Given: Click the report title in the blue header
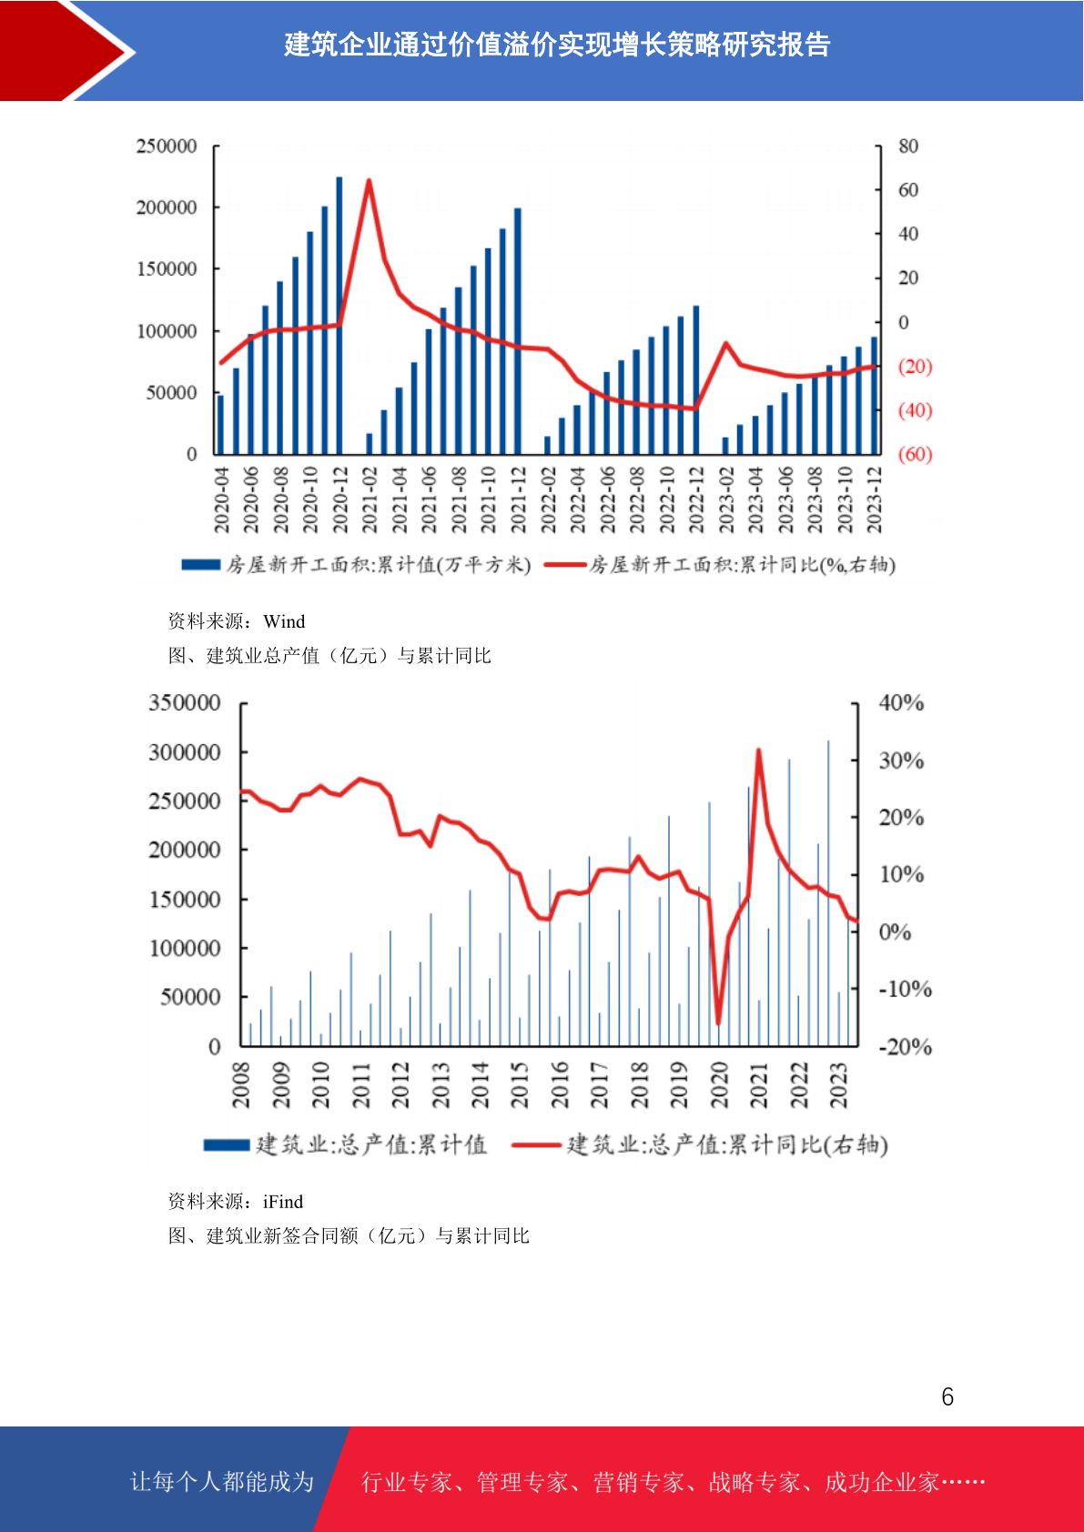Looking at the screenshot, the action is click(557, 45).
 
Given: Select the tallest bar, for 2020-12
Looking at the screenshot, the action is click(339, 316).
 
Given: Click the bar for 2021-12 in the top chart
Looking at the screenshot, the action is click(517, 331).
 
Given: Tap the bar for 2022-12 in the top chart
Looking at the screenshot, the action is click(696, 379).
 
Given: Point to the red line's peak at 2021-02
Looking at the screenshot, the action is click(369, 180).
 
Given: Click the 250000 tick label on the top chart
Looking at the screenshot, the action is click(167, 146).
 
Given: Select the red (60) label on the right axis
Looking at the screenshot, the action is click(915, 454).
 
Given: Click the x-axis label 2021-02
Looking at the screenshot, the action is click(370, 500).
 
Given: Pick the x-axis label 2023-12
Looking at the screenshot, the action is click(875, 500).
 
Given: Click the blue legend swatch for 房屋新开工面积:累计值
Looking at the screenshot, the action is click(200, 565).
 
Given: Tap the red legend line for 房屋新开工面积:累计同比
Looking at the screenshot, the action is click(565, 565).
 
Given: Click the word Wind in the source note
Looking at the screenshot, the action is click(284, 621).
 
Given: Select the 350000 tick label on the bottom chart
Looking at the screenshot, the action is click(185, 703).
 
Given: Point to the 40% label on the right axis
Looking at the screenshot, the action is click(901, 703).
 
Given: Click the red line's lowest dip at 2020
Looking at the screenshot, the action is click(718, 1023).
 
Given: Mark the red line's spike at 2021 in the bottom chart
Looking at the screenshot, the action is click(758, 751).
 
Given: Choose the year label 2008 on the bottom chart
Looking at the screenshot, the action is click(241, 1085).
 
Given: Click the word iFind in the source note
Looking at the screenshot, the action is click(283, 1202).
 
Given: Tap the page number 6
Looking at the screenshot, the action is click(947, 1396).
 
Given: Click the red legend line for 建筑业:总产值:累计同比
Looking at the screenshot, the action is click(536, 1144).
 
